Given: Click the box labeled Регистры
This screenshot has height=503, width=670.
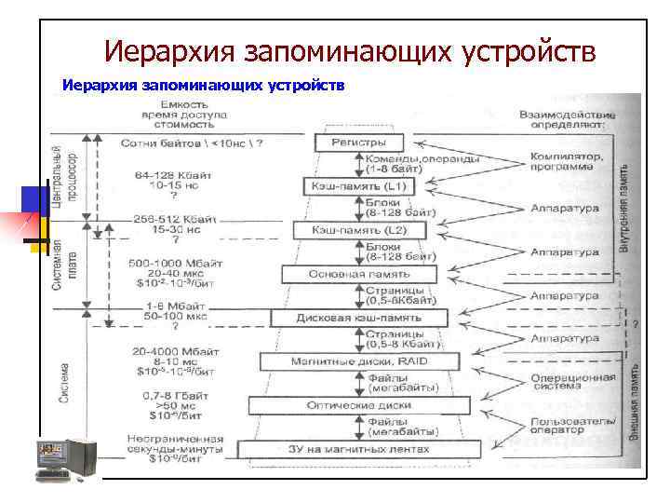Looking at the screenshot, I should [358, 143].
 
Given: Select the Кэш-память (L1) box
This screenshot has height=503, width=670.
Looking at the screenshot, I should [357, 186].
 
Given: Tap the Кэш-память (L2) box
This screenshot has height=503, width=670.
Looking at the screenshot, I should [358, 230].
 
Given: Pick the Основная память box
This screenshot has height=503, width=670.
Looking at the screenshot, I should [358, 275].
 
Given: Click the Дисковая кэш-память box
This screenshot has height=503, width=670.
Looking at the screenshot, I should [358, 318].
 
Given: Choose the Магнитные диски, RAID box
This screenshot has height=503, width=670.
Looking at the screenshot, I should [359, 360].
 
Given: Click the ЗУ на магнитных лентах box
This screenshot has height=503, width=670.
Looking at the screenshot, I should [359, 449].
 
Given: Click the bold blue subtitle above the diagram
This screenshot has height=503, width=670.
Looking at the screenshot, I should [203, 86].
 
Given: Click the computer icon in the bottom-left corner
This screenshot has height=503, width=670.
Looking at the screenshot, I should [66, 459].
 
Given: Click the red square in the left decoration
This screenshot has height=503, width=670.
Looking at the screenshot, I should [17, 227].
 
